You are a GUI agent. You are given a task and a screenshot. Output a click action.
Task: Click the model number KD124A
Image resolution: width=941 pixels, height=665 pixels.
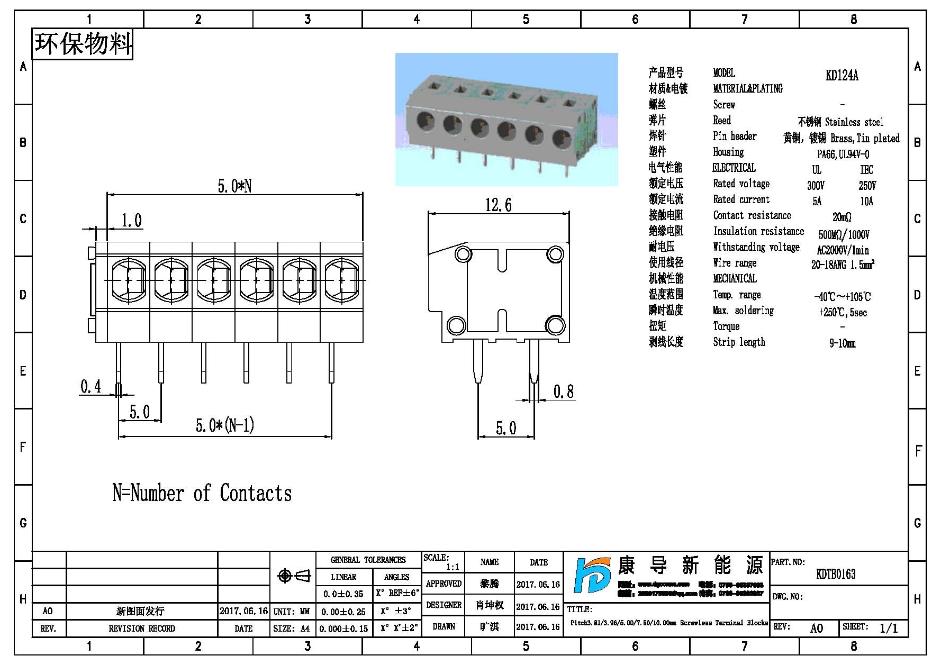coord(842,75)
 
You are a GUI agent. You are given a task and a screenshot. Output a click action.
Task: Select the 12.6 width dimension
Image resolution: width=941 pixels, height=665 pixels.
coord(499,205)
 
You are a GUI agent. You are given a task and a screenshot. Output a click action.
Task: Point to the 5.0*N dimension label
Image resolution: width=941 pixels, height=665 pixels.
coord(234,186)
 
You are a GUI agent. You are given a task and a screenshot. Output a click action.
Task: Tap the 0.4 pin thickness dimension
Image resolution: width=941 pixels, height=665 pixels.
coord(91,387)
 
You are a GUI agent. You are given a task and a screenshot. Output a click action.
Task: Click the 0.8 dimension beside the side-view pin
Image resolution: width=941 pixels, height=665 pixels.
coord(563,391)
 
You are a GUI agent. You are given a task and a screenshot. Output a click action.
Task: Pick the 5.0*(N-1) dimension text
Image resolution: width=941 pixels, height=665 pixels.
coord(225,425)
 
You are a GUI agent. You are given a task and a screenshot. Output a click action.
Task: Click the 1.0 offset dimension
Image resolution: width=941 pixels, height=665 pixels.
coord(131,221)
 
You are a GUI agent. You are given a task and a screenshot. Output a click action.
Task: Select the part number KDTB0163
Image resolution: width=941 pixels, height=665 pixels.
coord(836,574)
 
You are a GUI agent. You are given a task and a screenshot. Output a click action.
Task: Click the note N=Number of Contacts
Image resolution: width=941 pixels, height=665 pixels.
coord(202,493)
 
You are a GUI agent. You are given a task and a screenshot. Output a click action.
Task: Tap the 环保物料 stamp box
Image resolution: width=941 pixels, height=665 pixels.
coord(83,44)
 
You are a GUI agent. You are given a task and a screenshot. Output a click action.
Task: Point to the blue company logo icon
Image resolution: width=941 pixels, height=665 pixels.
coord(592,575)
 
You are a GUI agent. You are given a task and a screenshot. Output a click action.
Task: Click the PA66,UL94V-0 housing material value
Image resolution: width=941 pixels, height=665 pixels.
coord(843,154)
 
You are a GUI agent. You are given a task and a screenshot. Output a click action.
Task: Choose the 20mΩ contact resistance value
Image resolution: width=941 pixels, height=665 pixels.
coord(842,217)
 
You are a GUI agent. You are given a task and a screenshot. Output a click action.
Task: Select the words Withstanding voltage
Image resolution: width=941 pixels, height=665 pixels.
coord(756,247)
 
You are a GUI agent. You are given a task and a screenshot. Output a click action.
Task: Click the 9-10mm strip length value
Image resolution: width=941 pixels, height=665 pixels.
coord(842,343)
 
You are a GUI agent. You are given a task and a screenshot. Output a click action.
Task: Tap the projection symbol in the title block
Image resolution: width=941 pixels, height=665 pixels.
coord(294,576)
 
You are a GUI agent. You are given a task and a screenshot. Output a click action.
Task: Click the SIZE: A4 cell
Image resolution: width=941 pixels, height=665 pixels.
coord(292,628)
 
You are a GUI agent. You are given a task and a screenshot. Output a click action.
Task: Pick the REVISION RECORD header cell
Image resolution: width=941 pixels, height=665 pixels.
coord(141,628)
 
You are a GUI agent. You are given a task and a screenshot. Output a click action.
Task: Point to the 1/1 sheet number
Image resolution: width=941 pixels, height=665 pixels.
coord(888,628)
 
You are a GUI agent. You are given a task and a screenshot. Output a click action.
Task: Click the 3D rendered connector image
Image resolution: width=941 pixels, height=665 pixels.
coord(506,120)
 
